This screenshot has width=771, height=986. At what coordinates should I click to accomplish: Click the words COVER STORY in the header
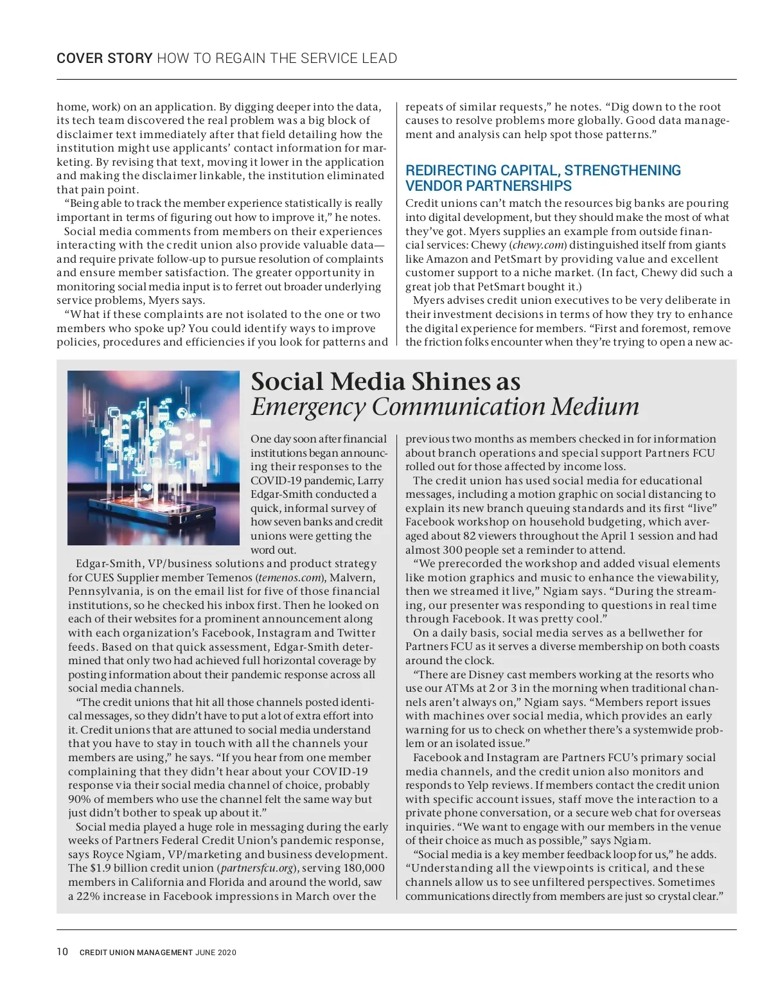104,58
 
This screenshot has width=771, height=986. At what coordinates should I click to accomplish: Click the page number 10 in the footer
62,952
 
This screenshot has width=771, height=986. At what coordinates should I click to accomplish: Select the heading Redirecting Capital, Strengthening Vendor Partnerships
543,178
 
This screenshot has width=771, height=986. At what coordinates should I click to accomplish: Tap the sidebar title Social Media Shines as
385,382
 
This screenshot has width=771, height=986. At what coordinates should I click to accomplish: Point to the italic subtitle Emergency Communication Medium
445,407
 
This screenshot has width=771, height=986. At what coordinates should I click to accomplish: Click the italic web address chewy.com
538,245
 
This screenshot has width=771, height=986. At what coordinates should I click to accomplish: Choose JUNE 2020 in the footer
216,953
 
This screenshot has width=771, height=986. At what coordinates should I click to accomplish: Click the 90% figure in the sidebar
80,799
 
